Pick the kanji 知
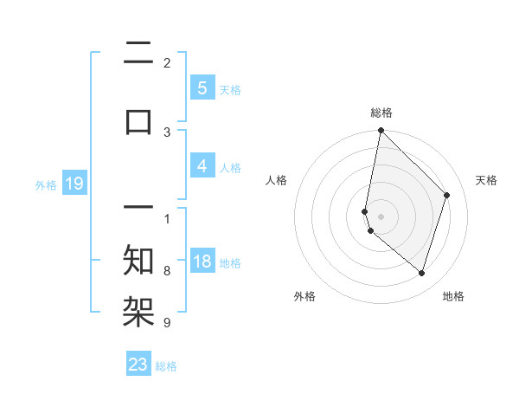tap(139, 260)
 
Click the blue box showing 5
tap(202, 88)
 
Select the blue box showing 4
tap(202, 166)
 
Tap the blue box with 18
tap(202, 262)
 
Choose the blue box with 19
tap(74, 184)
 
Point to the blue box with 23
tap(138, 365)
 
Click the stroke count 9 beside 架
tap(167, 323)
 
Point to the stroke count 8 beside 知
tap(167, 270)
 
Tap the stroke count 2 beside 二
tap(167, 62)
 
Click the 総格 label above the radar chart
tap(381, 113)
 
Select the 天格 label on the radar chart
tap(487, 180)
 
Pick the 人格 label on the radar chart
tap(277, 180)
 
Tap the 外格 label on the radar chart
tap(304, 297)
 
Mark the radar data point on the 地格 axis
tap(421, 273)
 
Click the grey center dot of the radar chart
tap(381, 216)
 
